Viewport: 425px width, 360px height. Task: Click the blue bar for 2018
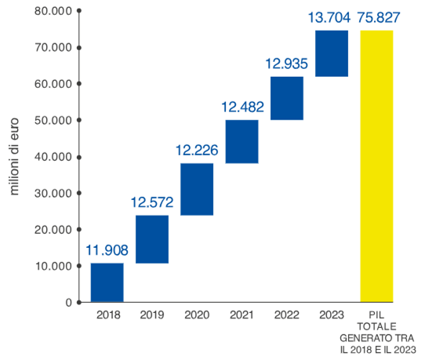point(107,282)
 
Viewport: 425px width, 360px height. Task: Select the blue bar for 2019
point(152,239)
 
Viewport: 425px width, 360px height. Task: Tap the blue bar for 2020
point(197,189)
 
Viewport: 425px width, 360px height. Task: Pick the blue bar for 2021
point(242,142)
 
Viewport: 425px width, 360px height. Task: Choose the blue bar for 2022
point(287,98)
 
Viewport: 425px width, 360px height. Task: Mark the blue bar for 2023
point(332,54)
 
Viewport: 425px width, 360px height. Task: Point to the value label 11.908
point(107,251)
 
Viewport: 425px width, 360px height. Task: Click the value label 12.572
point(152,204)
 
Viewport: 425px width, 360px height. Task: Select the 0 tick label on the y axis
point(68,302)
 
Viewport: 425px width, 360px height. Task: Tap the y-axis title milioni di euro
point(15,157)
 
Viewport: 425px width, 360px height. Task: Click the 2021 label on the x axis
point(242,315)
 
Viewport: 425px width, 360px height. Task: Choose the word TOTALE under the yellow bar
point(377,325)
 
